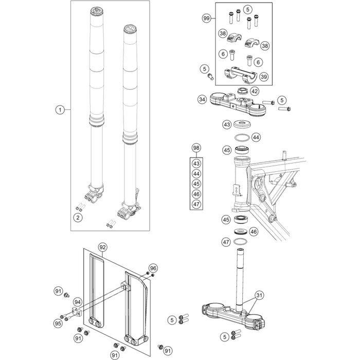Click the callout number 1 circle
coord(60,110)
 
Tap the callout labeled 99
coord(207,18)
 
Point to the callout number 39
coord(264,77)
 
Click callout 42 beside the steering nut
coord(255,92)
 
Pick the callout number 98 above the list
coord(196,148)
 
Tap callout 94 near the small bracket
coord(78,302)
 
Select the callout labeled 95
coord(58,323)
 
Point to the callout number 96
coord(152,268)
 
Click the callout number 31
coord(259,295)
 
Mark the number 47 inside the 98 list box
coord(196,204)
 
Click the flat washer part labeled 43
coord(242,125)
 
